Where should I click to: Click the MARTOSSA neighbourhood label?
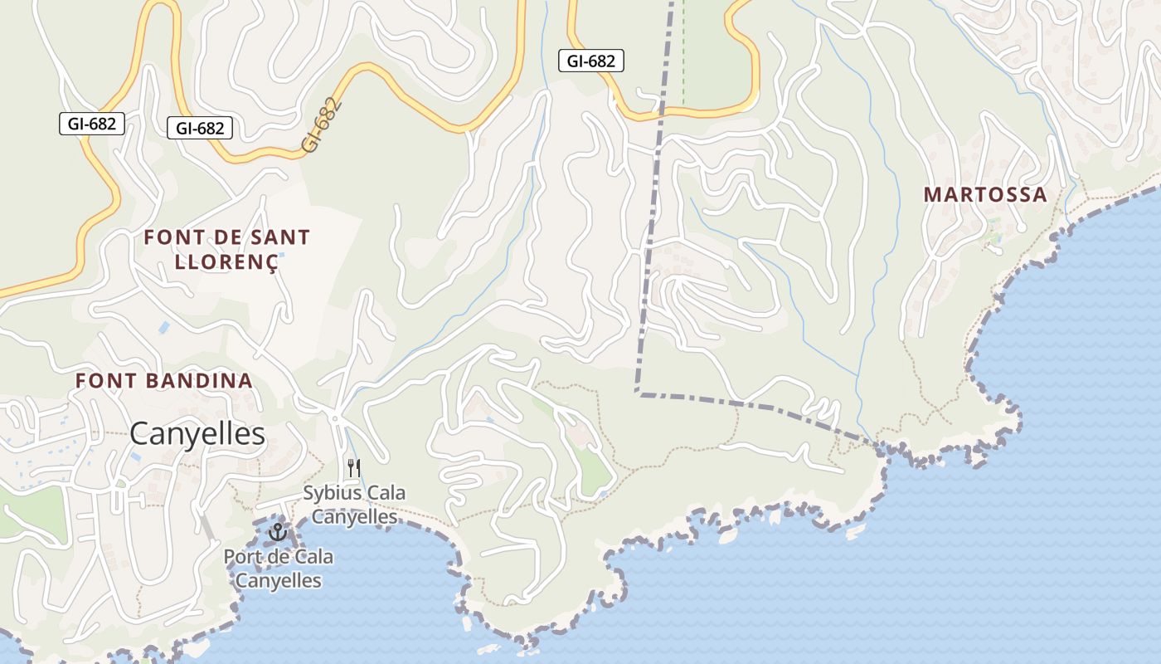coord(985,195)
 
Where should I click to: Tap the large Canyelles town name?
coord(197,433)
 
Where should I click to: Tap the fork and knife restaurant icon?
coord(353,468)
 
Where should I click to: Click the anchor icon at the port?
coord(277,532)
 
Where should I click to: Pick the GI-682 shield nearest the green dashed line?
coord(591,61)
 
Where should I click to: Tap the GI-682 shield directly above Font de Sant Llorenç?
coord(200,128)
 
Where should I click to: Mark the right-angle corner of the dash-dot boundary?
coord(637,392)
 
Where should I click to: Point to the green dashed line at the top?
coord(683,50)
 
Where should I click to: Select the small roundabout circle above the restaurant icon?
coord(333,414)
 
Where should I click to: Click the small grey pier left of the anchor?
coord(205,525)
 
